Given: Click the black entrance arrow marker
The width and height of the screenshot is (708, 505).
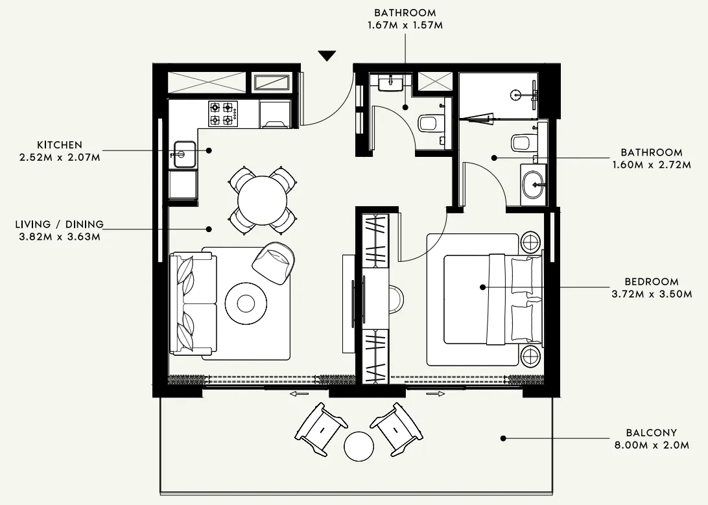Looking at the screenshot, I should pos(327,56).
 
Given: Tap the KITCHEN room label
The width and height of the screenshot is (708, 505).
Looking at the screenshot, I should pos(60,145).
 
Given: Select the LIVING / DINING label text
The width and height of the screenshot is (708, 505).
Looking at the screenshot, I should pos(59,224).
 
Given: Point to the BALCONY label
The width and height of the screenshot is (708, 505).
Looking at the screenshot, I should pos(651,432).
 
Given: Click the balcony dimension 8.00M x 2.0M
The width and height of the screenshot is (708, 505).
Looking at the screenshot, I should pos(651,445).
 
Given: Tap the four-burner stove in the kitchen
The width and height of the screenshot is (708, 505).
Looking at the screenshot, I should pos(221,113).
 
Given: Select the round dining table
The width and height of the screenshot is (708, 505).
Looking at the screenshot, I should pos(263,200).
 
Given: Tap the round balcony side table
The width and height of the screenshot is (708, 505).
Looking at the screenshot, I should pos(359,447).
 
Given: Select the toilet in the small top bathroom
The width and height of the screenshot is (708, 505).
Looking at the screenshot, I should pos(431,123).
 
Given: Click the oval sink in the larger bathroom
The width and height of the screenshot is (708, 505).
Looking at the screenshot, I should pos(534,185).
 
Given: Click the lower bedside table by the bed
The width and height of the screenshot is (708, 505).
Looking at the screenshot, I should pos(530,357).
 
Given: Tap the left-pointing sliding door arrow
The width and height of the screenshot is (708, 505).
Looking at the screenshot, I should pos(299,393).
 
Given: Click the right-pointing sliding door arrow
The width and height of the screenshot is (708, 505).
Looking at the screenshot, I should pos(435,393).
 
